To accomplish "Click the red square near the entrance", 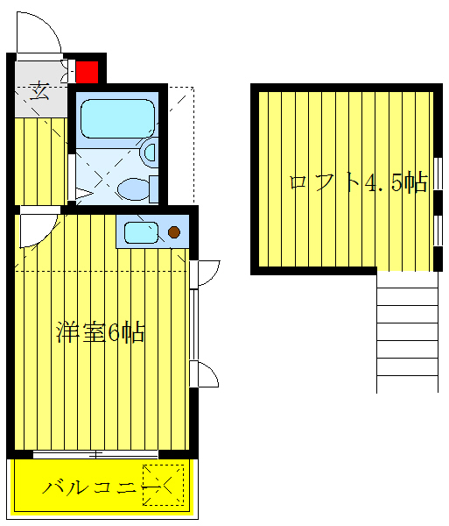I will [x=87, y=71].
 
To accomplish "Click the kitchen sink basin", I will [x=140, y=232].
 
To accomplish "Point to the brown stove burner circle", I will [x=174, y=232].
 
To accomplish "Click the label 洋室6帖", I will [x=101, y=333].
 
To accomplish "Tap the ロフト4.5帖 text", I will [x=358, y=182].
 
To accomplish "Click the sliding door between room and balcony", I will [x=96, y=453].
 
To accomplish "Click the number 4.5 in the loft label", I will [x=383, y=182].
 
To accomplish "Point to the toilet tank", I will [x=154, y=188].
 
